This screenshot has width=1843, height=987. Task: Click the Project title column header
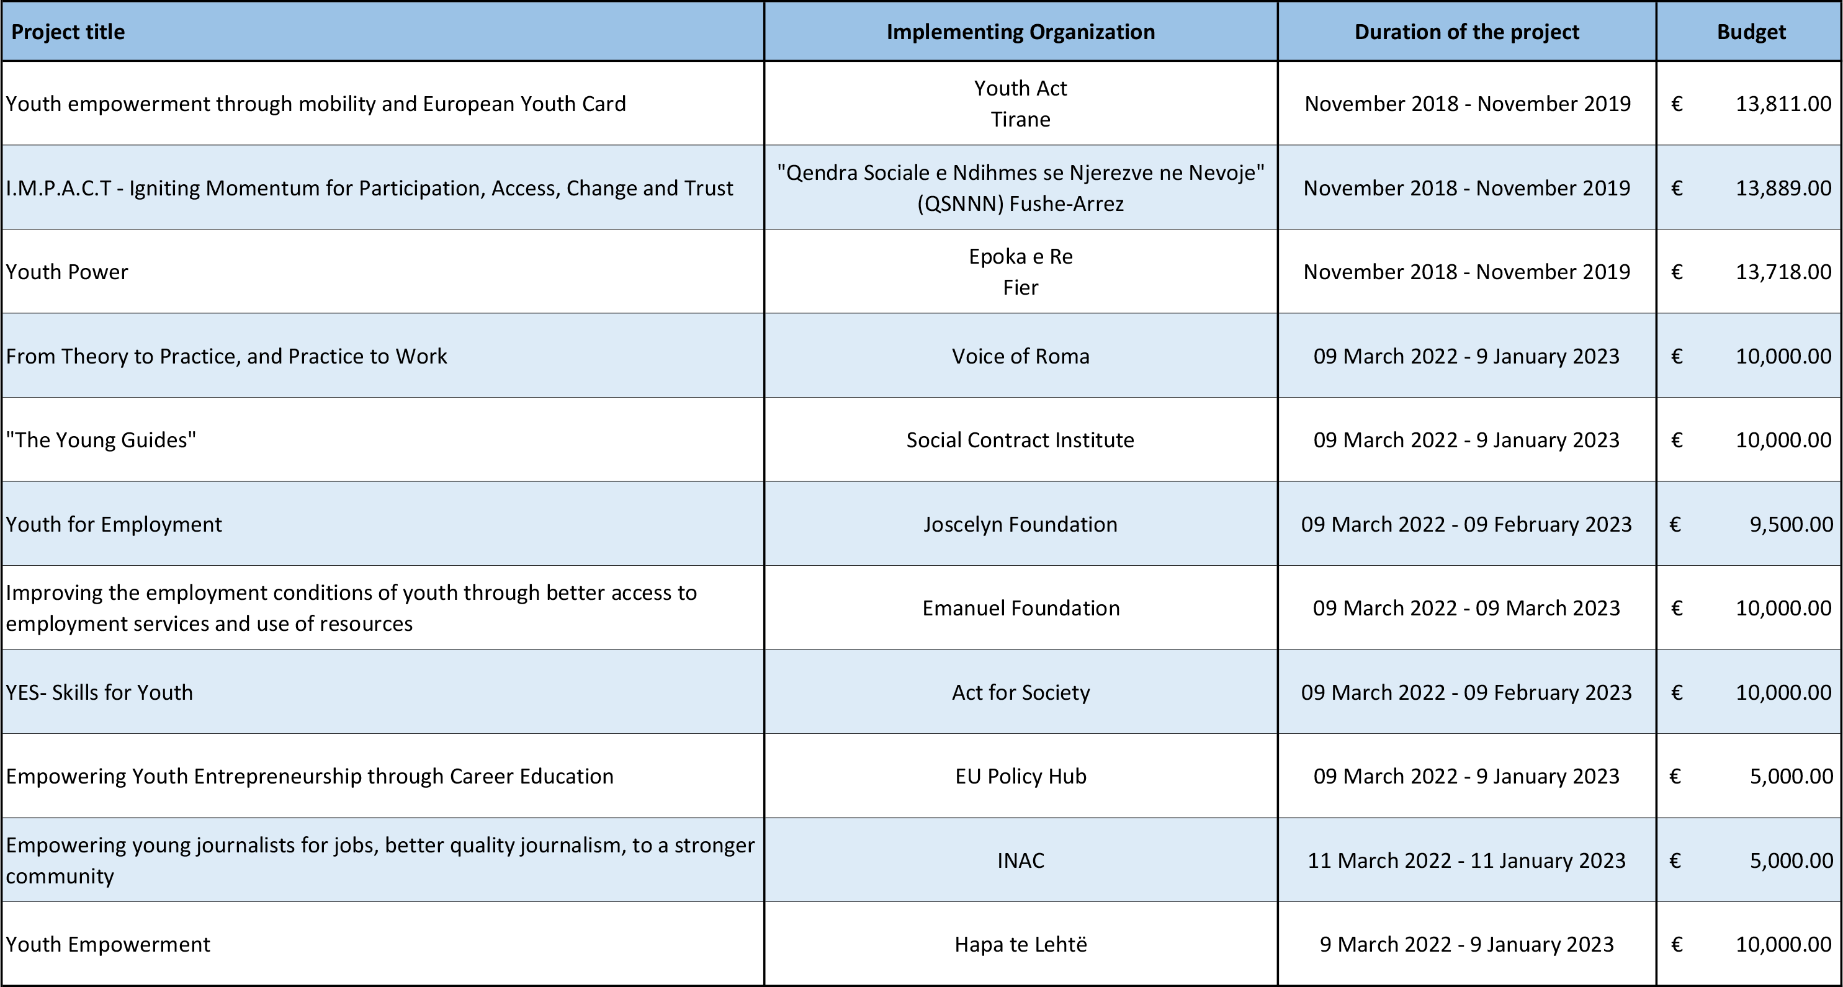tap(68, 32)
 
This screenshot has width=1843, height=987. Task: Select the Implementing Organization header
tap(1020, 32)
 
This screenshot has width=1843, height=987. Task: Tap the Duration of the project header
tap(1467, 32)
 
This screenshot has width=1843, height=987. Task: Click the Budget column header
tap(1751, 32)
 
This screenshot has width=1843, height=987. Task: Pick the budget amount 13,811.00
tap(1783, 104)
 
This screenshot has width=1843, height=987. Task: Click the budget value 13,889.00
tap(1783, 188)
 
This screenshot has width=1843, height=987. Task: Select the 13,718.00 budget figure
tap(1783, 272)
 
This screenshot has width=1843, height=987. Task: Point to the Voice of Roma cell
tap(1020, 356)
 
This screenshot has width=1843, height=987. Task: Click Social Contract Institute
tap(1020, 440)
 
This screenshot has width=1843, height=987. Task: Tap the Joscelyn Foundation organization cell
tap(1020, 524)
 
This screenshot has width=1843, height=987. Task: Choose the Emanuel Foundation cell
tap(1020, 608)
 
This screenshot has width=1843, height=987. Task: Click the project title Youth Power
tap(66, 272)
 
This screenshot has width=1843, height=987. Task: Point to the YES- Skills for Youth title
tap(99, 692)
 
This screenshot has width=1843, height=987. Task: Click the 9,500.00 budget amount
tap(1791, 524)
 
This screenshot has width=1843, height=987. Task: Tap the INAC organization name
tap(1020, 860)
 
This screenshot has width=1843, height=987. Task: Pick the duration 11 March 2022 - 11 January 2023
tap(1467, 860)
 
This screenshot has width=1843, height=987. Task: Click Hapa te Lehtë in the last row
tap(1020, 944)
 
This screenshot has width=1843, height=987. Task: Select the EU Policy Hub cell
tap(1020, 776)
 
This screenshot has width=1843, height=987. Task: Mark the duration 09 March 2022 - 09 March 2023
tap(1467, 608)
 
